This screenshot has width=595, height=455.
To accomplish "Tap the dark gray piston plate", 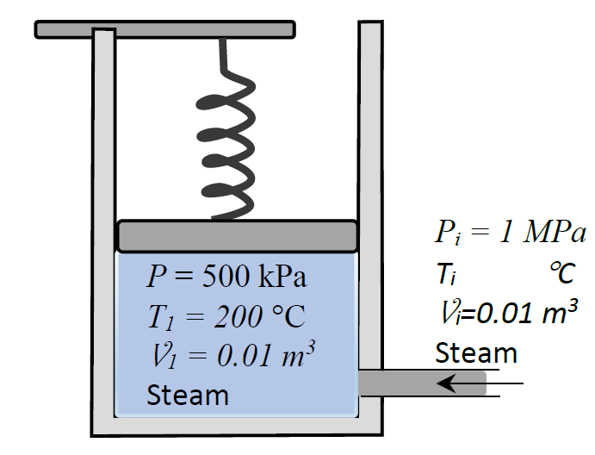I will [x=237, y=235].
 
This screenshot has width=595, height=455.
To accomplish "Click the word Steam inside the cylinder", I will [x=188, y=395].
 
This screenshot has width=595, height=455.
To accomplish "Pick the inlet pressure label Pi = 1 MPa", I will [x=510, y=234].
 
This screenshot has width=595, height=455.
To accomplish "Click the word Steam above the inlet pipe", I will [x=475, y=352].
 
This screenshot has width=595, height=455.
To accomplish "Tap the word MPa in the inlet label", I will [x=556, y=234].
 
